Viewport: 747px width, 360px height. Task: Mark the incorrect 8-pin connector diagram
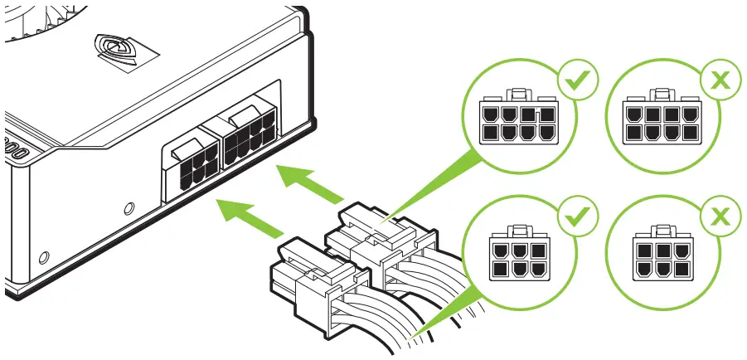[x=660, y=120]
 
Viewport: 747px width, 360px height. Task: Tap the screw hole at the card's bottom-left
[x=43, y=255]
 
